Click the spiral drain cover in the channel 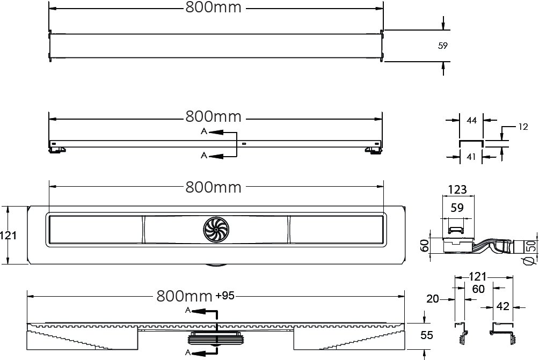(x=215, y=230)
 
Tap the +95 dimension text (x=225, y=296)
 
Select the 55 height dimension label (x=427, y=335)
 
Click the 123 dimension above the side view (x=457, y=189)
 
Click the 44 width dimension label (x=471, y=120)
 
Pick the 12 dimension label (x=523, y=127)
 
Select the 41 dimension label (x=471, y=157)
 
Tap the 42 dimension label (x=502, y=306)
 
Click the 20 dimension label (x=433, y=299)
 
